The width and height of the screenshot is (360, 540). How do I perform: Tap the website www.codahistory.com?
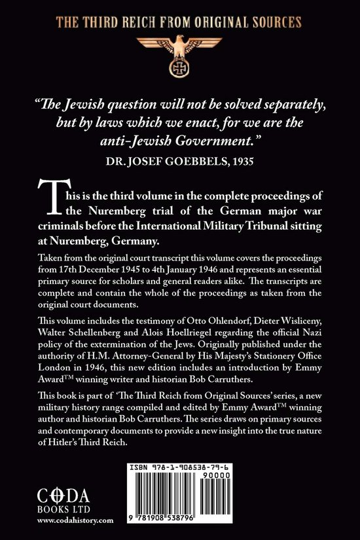pos(75,520)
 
